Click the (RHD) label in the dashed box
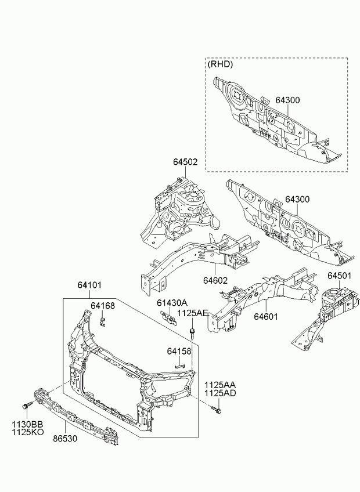pyautogui.click(x=220, y=64)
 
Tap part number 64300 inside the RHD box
pyautogui.click(x=288, y=100)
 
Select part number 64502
pyautogui.click(x=185, y=162)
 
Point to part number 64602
pyautogui.click(x=215, y=280)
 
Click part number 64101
pyautogui.click(x=90, y=285)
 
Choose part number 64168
pyautogui.click(x=103, y=305)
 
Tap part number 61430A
pyautogui.click(x=172, y=303)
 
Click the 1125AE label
pyautogui.click(x=192, y=313)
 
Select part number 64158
pyautogui.click(x=179, y=352)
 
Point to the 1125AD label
pyautogui.click(x=220, y=393)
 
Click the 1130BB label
pyautogui.click(x=28, y=425)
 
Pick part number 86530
pyautogui.click(x=65, y=439)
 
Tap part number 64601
pyautogui.click(x=266, y=317)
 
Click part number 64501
pyautogui.click(x=339, y=275)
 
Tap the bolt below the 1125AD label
pyautogui.click(x=216, y=410)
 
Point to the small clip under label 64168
pyautogui.click(x=102, y=321)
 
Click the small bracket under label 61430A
pyautogui.click(x=169, y=318)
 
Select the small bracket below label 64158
pyautogui.click(x=180, y=366)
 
